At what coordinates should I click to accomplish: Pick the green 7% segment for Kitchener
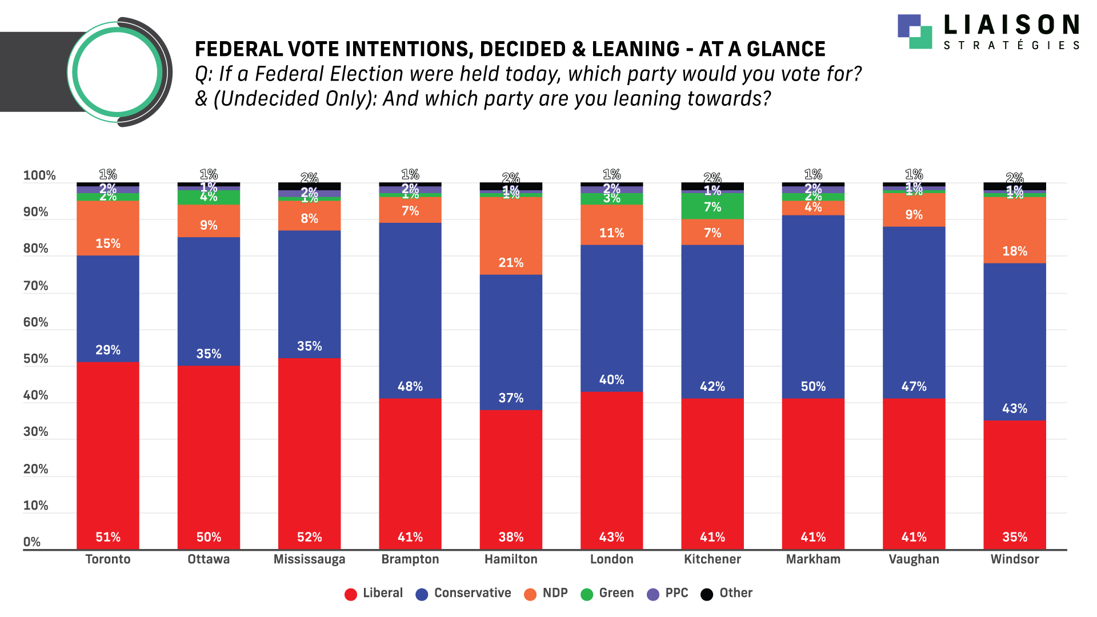pyautogui.click(x=712, y=206)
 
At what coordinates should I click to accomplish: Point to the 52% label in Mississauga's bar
pyautogui.click(x=309, y=537)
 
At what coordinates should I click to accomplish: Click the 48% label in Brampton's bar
pyautogui.click(x=410, y=386)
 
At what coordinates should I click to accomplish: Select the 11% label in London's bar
pyautogui.click(x=611, y=233)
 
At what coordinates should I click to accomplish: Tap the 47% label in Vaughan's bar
pyautogui.click(x=914, y=386)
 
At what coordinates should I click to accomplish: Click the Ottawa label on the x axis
pyautogui.click(x=209, y=559)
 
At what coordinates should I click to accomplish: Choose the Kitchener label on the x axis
pyautogui.click(x=712, y=559)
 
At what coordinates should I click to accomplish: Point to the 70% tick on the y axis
pyautogui.click(x=35, y=286)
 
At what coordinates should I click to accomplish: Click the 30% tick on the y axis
pyautogui.click(x=35, y=432)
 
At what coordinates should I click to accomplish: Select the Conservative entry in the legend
pyautogui.click(x=472, y=593)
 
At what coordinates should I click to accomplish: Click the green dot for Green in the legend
pyautogui.click(x=587, y=594)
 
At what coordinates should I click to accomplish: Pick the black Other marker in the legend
pyautogui.click(x=707, y=594)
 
